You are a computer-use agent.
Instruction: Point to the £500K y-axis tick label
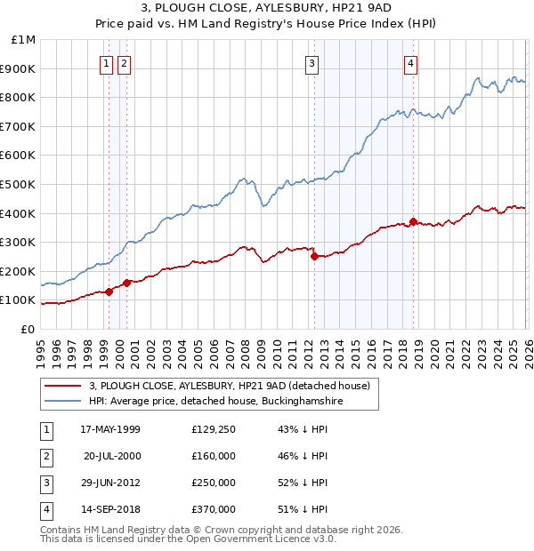19,184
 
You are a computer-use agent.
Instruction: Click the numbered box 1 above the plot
106,63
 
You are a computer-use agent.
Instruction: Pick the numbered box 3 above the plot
312,63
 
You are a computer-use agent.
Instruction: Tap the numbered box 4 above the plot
410,63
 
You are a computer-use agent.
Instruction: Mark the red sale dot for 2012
314,257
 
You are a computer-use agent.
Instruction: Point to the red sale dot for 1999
109,291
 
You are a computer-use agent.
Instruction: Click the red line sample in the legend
62,387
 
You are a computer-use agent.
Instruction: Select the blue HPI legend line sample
62,402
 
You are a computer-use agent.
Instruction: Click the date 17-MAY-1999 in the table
110,429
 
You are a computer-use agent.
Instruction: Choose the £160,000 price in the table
214,456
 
